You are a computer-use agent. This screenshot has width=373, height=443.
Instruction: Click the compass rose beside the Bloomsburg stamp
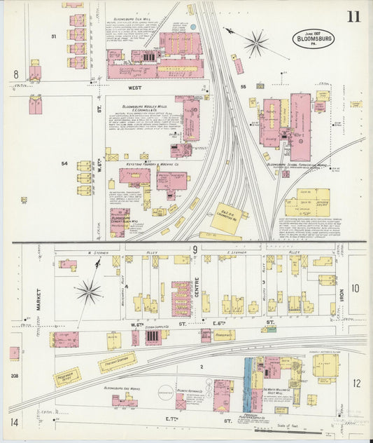[x=255, y=43]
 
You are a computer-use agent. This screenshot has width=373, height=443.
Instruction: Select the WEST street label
[x=135, y=88]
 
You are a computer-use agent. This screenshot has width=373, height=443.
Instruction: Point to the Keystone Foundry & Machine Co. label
[x=153, y=164]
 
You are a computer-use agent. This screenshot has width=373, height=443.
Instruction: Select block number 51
[x=54, y=35]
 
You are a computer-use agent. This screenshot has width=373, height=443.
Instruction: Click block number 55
[x=244, y=86]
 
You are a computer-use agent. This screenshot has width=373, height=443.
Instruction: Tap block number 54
[x=64, y=163]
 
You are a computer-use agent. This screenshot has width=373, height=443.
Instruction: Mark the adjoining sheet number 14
[x=15, y=422]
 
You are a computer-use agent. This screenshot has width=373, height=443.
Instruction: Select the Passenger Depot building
[x=67, y=376]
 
